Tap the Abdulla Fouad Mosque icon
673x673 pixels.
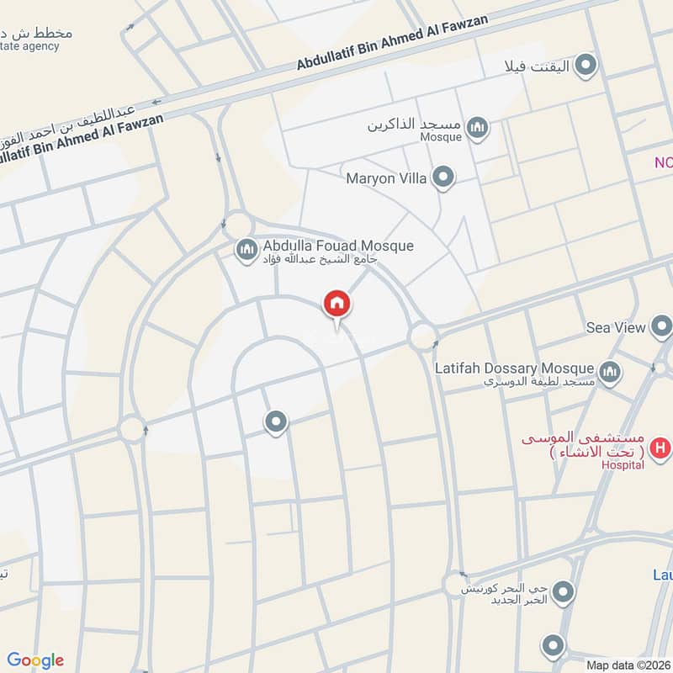pyautogui.click(x=246, y=250)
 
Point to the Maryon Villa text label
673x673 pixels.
pyautogui.click(x=387, y=178)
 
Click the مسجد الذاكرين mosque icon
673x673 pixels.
pyautogui.click(x=478, y=128)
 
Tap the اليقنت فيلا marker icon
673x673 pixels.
pyautogui.click(x=586, y=65)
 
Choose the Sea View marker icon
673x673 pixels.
pyautogui.click(x=662, y=327)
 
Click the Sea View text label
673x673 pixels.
pyautogui.click(x=616, y=327)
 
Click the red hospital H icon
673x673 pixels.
pyautogui.click(x=661, y=448)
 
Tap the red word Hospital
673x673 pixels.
pyautogui.click(x=623, y=465)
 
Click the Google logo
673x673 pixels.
pyautogui.click(x=35, y=660)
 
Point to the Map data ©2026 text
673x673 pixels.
pyautogui.click(x=628, y=665)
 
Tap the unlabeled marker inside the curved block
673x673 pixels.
pyautogui.click(x=276, y=421)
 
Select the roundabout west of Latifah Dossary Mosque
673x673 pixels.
pyautogui.click(x=421, y=336)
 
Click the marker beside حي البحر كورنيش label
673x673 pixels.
pyautogui.click(x=562, y=592)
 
